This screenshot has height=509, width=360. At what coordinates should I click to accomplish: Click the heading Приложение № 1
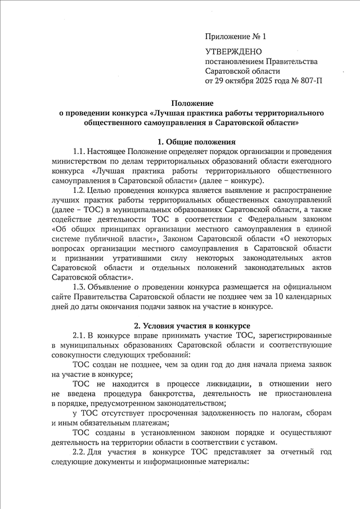(235, 37)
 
